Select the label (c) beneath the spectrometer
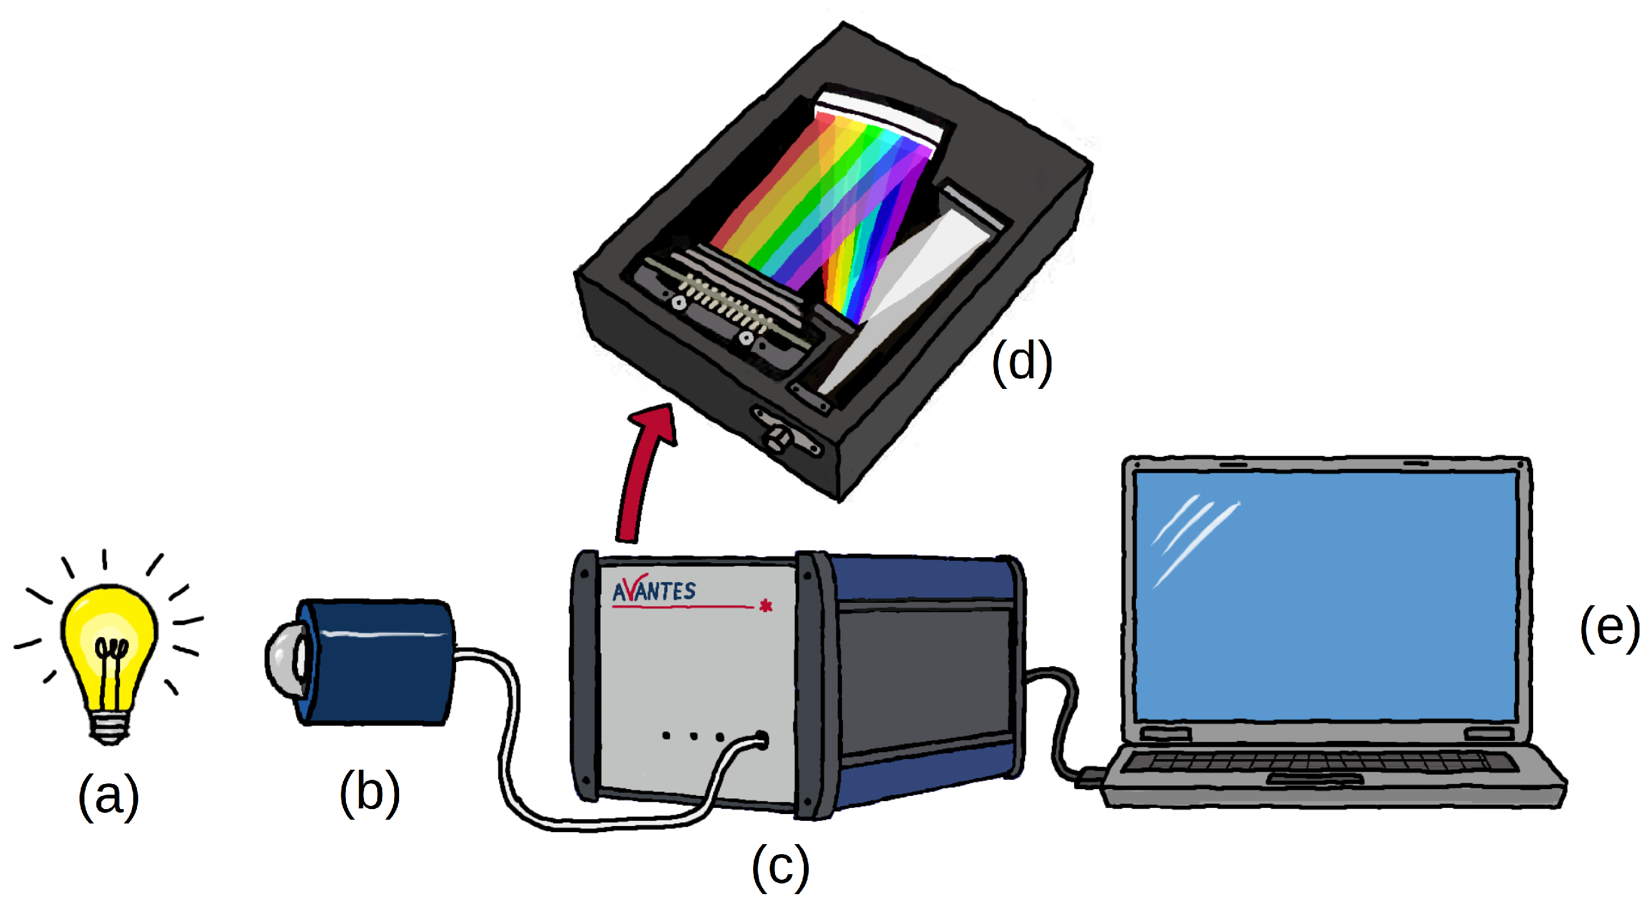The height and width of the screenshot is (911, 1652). [x=780, y=867]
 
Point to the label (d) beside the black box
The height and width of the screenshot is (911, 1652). [x=1021, y=362]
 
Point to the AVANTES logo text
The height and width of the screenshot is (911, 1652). [x=654, y=590]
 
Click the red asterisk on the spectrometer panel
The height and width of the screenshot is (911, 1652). [x=765, y=606]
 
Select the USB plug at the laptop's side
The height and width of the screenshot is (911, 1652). [x=1089, y=777]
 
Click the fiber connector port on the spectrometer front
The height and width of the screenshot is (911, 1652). [x=761, y=739]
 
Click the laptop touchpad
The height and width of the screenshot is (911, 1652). [x=1315, y=779]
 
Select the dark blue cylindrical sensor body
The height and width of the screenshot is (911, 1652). [x=378, y=662]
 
